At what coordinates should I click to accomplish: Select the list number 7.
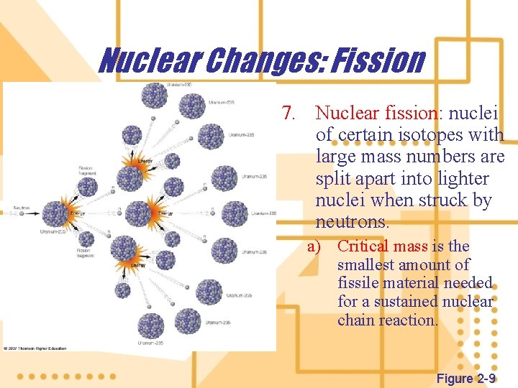pyautogui.click(x=289, y=113)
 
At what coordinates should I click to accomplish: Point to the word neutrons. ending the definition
pyautogui.click(x=353, y=221)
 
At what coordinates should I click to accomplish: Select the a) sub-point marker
pyautogui.click(x=314, y=246)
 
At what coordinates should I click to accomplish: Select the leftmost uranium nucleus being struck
pyautogui.click(x=56, y=213)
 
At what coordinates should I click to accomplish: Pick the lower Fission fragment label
pyautogui.click(x=84, y=253)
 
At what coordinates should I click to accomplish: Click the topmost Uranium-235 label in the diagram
pyautogui.click(x=178, y=85)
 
